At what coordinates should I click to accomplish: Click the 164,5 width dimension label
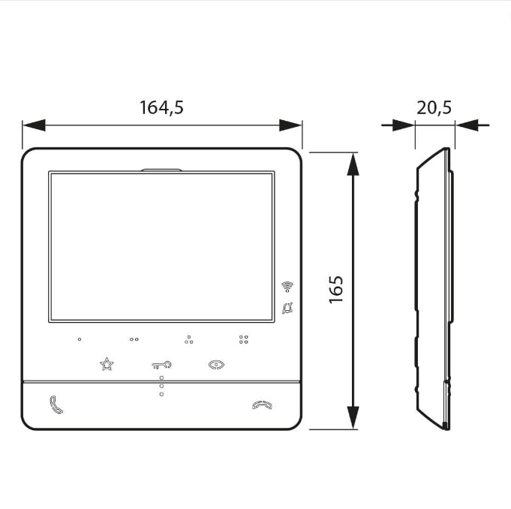pos(161,107)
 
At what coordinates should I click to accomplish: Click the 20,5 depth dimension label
pos(434,107)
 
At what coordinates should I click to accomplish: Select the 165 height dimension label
pos(336,290)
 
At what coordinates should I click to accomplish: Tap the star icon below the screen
pos(107,364)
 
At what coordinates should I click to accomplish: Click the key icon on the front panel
pos(161,365)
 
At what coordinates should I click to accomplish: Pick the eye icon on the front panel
pos(216,365)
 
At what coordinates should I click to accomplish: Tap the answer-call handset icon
pos(56,405)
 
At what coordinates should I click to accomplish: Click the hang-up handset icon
pos(262,405)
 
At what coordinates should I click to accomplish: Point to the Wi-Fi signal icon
pos(287,286)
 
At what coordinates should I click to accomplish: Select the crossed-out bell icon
pos(287,308)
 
